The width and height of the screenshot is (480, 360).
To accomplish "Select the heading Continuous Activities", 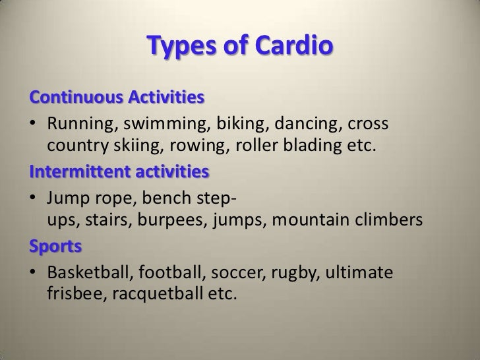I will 116,100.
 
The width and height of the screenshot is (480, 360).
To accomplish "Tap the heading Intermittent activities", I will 119,173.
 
